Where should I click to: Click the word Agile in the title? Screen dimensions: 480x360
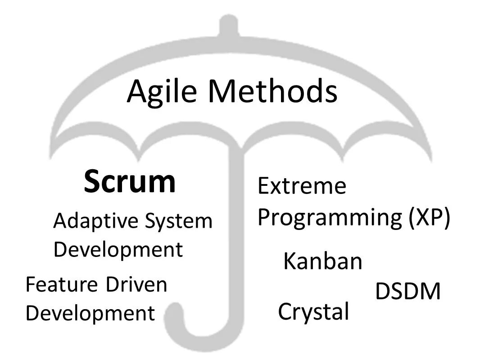[163, 91]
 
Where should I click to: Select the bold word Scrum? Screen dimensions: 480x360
[130, 181]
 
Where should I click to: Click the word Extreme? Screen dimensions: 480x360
[302, 186]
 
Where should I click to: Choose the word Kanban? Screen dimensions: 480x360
[322, 261]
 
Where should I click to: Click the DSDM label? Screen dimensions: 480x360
[408, 292]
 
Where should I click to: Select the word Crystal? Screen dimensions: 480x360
[313, 311]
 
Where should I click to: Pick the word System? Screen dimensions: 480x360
[179, 221]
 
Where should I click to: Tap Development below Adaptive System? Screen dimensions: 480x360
[118, 250]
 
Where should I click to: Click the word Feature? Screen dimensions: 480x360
[62, 285]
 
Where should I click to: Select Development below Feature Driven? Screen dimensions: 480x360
[90, 313]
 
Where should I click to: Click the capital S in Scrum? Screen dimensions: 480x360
[93, 181]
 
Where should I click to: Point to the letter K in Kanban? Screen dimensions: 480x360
[290, 261]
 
